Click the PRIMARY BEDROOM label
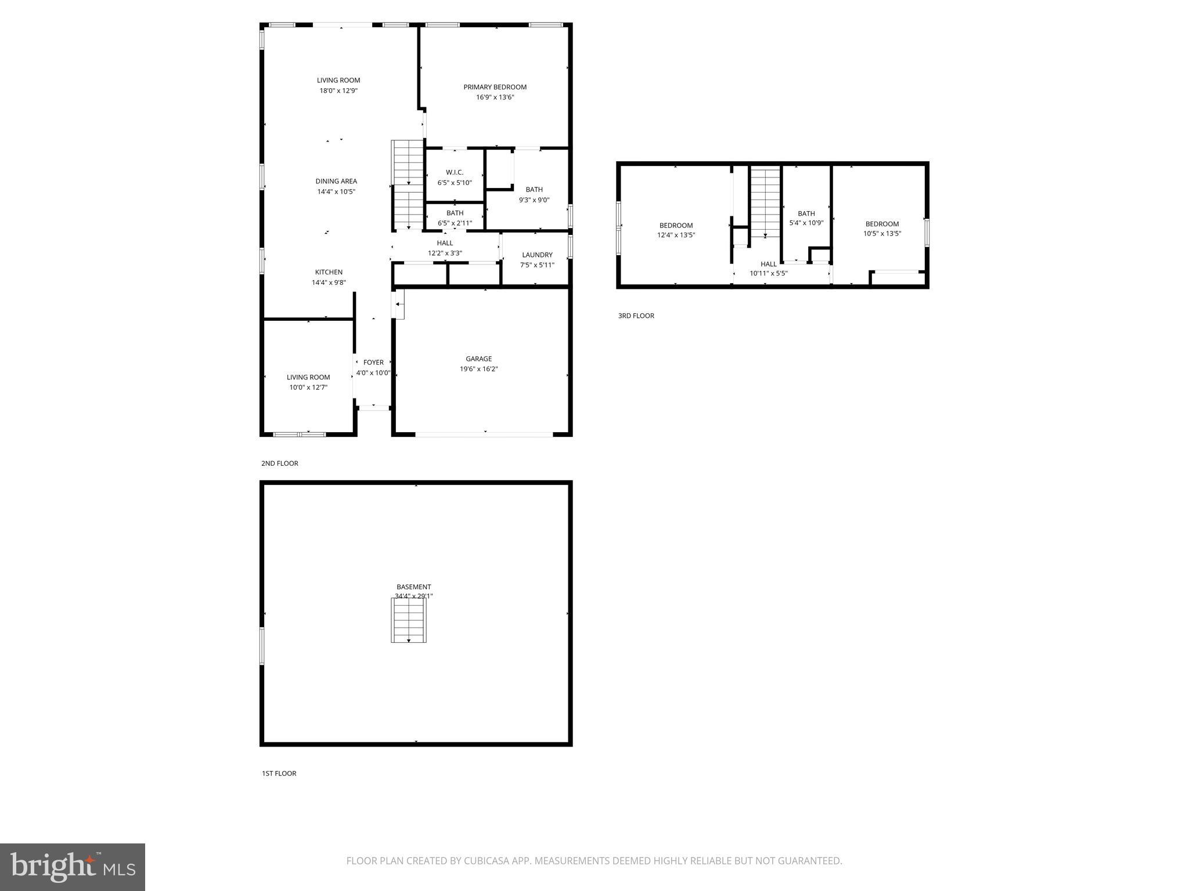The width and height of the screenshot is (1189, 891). click(495, 87)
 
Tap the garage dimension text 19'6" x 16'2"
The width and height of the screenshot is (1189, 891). click(478, 369)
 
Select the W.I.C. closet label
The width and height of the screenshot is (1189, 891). click(455, 172)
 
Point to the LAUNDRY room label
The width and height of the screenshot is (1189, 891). click(537, 255)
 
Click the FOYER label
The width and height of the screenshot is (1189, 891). click(373, 363)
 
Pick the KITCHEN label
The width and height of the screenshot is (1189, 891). click(329, 272)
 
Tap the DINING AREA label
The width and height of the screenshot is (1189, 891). click(336, 181)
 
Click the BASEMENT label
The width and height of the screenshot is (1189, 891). click(413, 586)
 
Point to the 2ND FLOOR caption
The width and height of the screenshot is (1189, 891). click(279, 463)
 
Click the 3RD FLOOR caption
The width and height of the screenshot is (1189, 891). click(636, 316)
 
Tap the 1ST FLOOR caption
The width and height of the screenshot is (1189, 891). click(279, 773)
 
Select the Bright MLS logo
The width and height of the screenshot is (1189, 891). click(73, 867)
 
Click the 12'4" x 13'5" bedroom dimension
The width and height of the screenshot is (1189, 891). click(676, 236)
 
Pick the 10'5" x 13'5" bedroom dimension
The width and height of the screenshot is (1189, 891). click(882, 234)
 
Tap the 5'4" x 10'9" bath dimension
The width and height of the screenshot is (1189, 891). click(806, 223)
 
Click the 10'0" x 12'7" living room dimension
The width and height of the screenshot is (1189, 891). click(308, 387)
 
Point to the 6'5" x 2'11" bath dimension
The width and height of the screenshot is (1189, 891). click(455, 223)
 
